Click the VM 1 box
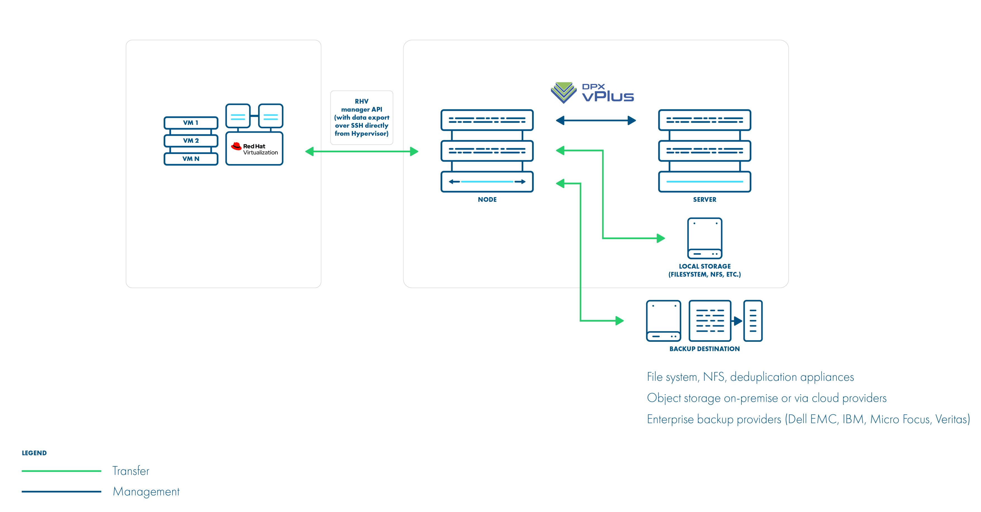tap(191, 123)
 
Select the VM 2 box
tap(191, 141)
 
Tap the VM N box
tap(191, 159)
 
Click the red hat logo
tap(236, 146)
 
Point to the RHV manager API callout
tap(361, 117)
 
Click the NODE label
tap(487, 199)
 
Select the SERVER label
tap(704, 199)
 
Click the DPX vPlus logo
tap(592, 93)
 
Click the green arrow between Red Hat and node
tap(361, 151)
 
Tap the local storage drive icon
tap(704, 238)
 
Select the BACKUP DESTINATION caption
tap(704, 349)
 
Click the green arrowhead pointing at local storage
tap(661, 238)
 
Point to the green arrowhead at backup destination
tap(619, 321)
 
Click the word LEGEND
tap(34, 453)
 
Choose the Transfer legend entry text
tap(131, 471)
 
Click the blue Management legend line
tap(61, 491)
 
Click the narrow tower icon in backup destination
tap(753, 321)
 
